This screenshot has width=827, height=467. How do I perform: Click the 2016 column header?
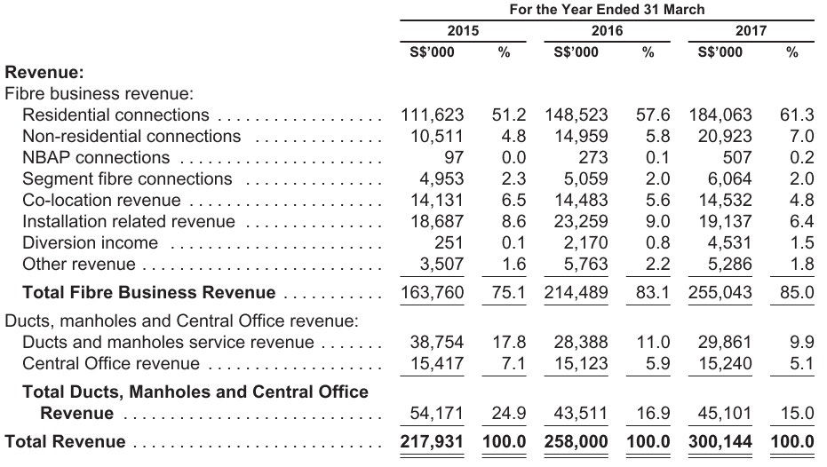(x=607, y=30)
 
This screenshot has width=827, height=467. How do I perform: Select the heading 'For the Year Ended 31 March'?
(x=607, y=10)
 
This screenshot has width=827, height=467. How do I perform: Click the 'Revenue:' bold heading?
(x=44, y=72)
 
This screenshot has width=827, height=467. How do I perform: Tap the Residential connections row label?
(x=115, y=115)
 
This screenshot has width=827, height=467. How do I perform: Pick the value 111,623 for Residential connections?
(x=432, y=115)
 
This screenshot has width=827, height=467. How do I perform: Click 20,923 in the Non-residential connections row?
(x=725, y=136)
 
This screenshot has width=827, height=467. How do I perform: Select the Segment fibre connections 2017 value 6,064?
(x=730, y=178)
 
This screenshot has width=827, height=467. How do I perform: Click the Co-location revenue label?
(x=101, y=201)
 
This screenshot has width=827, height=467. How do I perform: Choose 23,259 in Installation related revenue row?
(x=581, y=221)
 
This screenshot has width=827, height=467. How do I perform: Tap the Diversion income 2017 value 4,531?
(x=730, y=242)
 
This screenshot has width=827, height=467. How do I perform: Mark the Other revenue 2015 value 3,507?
(x=441, y=264)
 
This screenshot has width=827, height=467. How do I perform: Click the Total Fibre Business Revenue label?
(x=148, y=292)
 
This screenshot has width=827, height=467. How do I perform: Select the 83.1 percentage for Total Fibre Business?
(x=652, y=292)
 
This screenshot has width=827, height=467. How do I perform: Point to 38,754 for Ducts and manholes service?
(x=437, y=342)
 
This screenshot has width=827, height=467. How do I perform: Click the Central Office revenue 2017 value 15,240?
(x=725, y=364)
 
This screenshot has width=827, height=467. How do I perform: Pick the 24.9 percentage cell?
(x=508, y=413)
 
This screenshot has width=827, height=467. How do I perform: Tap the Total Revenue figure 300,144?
(x=720, y=442)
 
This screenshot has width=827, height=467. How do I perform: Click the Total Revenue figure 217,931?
(x=432, y=442)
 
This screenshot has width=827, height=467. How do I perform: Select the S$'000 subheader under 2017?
(x=720, y=52)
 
